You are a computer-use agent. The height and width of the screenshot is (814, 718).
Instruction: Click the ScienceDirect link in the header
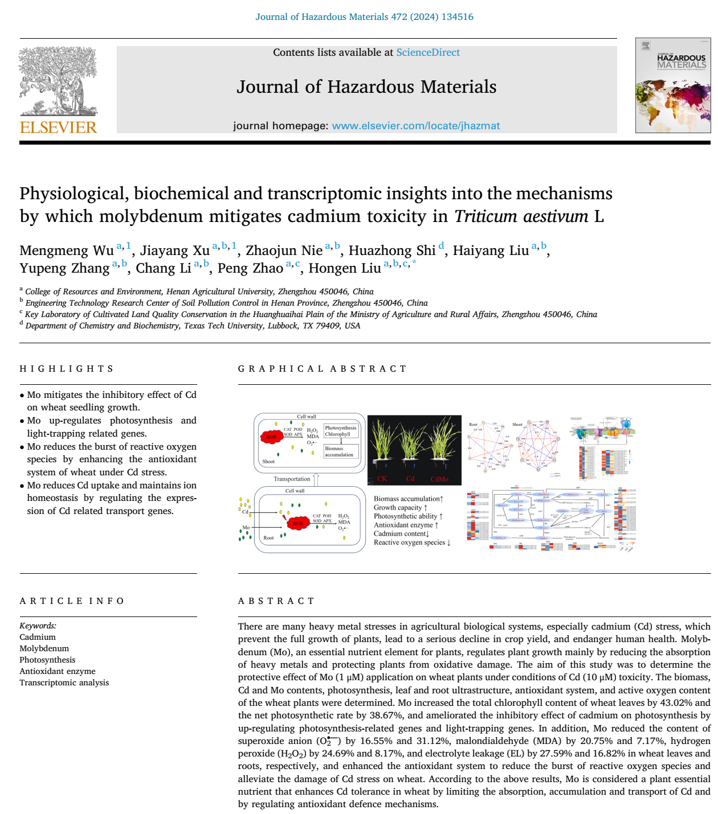point(428,52)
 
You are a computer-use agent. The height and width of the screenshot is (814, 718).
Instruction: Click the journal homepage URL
point(415,126)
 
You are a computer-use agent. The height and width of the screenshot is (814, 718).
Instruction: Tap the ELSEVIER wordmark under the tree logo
point(59,128)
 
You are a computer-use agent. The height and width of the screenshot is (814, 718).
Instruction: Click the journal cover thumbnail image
point(673,85)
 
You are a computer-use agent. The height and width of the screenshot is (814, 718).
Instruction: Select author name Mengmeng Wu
point(67,250)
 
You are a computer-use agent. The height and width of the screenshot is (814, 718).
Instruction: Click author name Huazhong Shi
point(392,250)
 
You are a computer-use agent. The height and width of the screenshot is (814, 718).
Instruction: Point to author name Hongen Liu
point(345,268)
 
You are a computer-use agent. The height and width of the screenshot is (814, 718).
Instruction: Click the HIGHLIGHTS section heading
point(67,369)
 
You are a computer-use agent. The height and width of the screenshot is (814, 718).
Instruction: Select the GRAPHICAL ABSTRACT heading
point(322,369)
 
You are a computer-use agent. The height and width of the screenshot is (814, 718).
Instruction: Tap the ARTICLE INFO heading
point(72,601)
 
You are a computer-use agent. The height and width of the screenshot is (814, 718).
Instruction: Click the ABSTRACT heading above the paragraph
point(276,601)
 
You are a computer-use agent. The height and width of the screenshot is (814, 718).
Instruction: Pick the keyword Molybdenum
point(44,648)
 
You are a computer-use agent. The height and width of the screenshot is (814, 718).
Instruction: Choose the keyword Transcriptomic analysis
point(64,683)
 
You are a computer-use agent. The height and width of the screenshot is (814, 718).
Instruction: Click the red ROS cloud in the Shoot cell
point(271,437)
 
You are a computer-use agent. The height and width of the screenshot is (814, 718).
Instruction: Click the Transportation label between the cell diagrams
point(292,479)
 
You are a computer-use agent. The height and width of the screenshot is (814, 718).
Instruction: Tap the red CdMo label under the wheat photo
point(439,479)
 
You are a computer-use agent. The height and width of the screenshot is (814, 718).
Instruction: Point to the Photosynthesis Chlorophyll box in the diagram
point(341,431)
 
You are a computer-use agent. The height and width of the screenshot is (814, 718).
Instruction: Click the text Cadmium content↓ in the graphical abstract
point(401,534)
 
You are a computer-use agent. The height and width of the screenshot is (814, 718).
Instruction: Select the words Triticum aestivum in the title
point(521,216)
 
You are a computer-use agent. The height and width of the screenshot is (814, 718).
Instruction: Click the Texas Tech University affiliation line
point(193,326)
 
